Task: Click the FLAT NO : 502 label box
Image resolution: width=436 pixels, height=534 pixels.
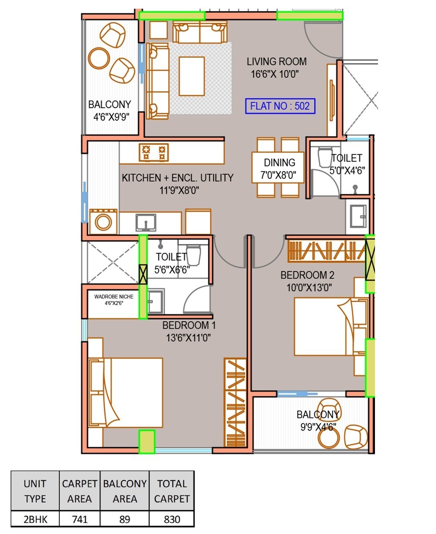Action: click(x=280, y=106)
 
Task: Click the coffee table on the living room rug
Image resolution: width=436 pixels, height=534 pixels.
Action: click(x=191, y=76)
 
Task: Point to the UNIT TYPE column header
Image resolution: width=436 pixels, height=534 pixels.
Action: click(x=35, y=491)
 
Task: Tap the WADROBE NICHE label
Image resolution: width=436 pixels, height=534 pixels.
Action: click(x=114, y=297)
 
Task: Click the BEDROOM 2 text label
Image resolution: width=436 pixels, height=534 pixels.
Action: click(x=307, y=275)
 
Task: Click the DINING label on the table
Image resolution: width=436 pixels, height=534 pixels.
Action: click(x=279, y=163)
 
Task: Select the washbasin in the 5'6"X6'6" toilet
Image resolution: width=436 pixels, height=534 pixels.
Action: click(x=156, y=301)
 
